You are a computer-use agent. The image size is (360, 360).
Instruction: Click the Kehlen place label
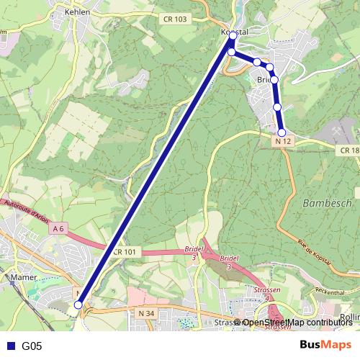[x=77, y=12]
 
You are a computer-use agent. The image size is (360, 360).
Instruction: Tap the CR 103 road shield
[x=174, y=19]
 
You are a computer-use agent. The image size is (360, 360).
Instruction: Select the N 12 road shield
[x=282, y=142]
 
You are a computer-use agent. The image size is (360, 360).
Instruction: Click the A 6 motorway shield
[x=59, y=228]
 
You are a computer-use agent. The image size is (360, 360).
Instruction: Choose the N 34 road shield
[x=145, y=313]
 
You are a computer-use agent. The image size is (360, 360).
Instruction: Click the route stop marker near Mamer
[x=78, y=305]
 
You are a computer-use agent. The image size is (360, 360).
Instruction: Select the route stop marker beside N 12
[x=282, y=132]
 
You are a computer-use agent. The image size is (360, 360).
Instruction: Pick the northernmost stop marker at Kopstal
[x=233, y=35]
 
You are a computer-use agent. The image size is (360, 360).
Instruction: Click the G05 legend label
[x=32, y=346]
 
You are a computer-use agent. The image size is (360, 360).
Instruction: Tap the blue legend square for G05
[x=9, y=346]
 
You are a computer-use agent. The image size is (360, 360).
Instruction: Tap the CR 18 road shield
[x=348, y=150]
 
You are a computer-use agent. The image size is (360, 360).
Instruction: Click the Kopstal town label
[x=234, y=32]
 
